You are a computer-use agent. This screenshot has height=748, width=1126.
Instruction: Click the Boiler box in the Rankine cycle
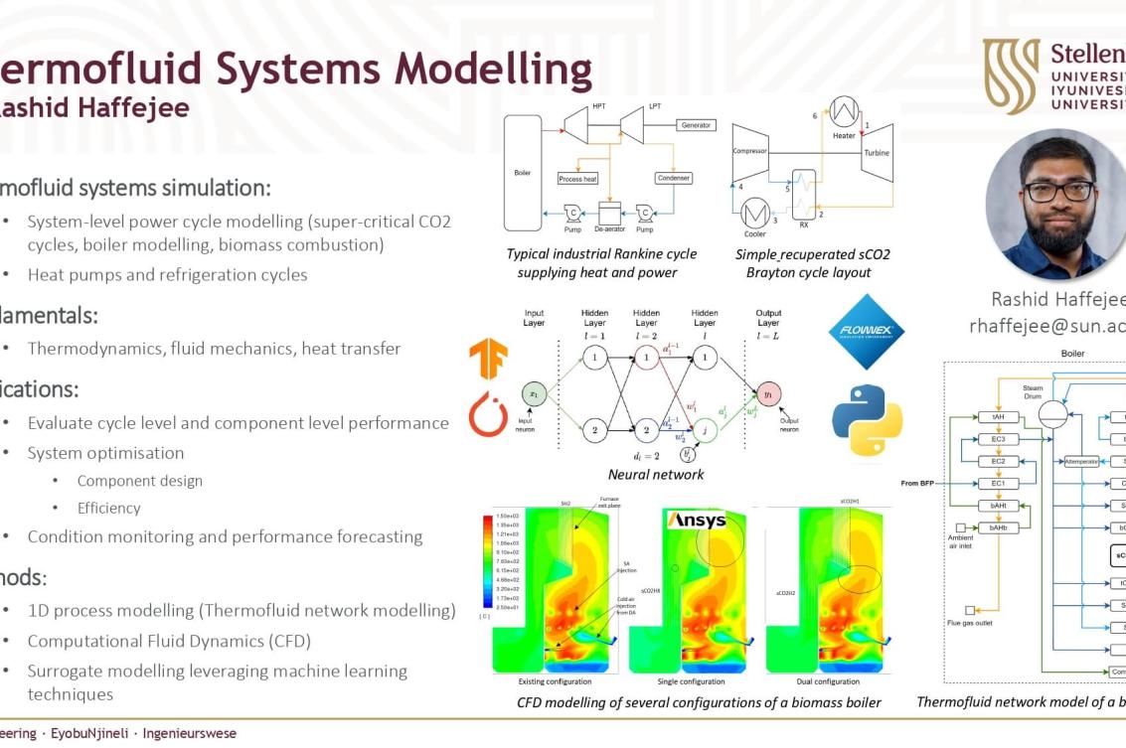(x=524, y=172)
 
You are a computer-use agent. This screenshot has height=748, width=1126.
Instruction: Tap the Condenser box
(x=673, y=178)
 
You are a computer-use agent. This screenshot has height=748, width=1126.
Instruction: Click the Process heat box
(x=577, y=179)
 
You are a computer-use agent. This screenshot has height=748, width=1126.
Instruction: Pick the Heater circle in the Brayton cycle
(x=844, y=111)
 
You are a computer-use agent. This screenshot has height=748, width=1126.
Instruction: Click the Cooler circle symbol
(x=756, y=212)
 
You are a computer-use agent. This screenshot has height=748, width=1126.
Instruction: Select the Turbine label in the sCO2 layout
(x=877, y=152)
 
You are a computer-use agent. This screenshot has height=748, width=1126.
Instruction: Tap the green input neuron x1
(x=534, y=393)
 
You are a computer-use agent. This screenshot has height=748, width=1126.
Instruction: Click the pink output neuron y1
(x=767, y=393)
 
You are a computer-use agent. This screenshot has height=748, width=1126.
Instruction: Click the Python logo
(x=867, y=418)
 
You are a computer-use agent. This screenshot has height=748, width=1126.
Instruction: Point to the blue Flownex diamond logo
(x=867, y=332)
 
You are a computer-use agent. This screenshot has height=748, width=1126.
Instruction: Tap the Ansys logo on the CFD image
(x=696, y=521)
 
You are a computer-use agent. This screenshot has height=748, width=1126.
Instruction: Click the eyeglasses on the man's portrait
(x=1059, y=191)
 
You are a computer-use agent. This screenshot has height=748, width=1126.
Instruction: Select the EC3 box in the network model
(x=998, y=439)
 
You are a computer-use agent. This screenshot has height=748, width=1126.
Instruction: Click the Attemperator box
(x=1081, y=462)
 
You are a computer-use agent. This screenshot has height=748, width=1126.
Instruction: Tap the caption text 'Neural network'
(x=656, y=474)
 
